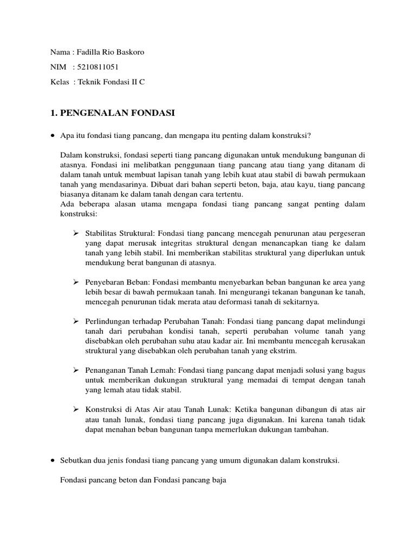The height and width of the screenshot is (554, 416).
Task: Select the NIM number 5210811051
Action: (97, 67)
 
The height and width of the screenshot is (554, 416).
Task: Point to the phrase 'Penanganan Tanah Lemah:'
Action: (128, 370)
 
